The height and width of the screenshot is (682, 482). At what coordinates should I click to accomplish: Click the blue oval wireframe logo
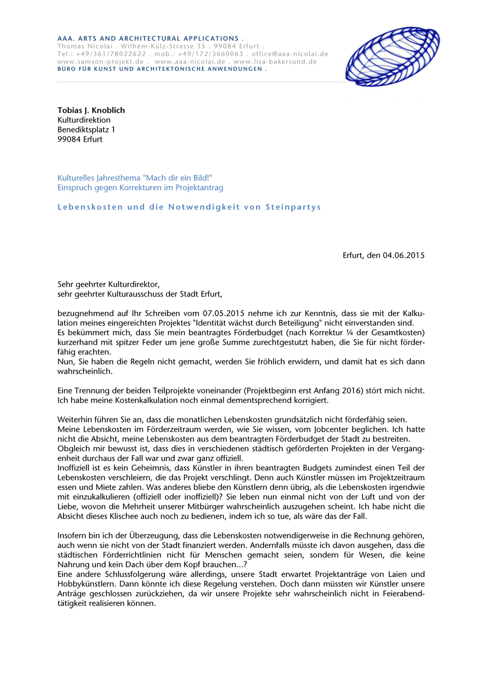tap(392, 56)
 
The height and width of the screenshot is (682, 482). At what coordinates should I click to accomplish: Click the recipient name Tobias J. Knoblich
tap(91, 111)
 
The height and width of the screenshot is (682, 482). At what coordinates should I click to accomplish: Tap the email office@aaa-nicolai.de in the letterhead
tap(290, 54)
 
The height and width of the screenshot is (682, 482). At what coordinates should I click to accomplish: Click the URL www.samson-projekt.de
tap(100, 61)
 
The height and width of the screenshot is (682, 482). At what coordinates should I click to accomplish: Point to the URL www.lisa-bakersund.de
tap(275, 61)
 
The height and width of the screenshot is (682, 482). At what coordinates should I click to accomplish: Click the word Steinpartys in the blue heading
tap(293, 207)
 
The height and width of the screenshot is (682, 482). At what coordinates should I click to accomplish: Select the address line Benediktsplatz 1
tap(86, 130)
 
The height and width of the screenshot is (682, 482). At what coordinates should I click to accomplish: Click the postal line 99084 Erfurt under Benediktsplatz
tap(80, 139)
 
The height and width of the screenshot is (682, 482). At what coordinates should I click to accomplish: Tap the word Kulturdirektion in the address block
tap(84, 120)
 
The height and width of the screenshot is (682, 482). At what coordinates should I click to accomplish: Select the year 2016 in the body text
tap(351, 391)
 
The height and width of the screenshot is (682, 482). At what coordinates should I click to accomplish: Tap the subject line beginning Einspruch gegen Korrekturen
tap(140, 188)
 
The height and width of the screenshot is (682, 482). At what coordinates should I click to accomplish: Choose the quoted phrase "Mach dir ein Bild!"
tap(178, 178)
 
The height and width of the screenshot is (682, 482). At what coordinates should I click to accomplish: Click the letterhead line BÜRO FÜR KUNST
tap(162, 69)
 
